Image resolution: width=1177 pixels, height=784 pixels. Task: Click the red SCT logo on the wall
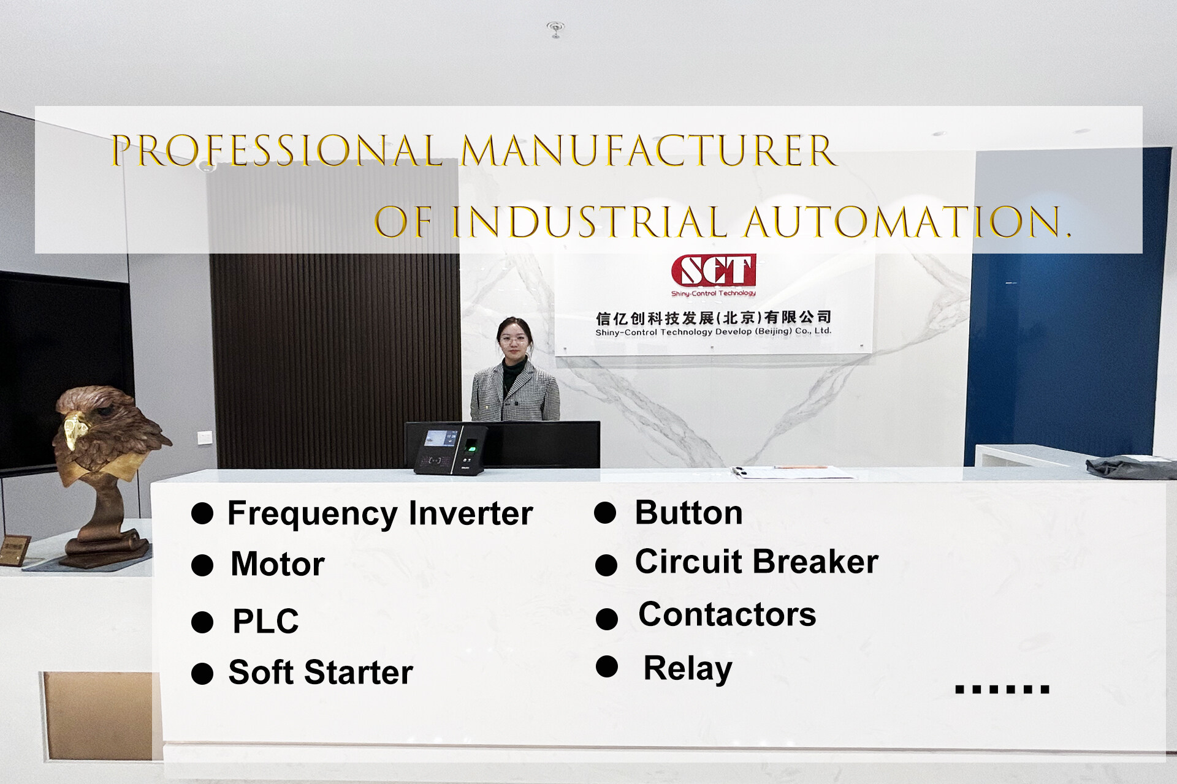point(714,271)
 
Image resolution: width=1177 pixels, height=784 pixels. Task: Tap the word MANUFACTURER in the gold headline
point(649,151)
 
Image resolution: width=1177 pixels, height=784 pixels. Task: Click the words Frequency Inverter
point(380,513)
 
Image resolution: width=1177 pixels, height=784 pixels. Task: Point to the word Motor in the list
point(278,564)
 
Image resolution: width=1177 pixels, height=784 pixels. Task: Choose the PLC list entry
point(265,621)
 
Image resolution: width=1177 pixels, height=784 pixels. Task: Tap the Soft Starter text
point(321,673)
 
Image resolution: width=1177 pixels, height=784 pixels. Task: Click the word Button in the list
point(688,513)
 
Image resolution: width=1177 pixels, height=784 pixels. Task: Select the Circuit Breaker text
point(756,562)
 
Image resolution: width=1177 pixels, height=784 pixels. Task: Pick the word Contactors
point(727,614)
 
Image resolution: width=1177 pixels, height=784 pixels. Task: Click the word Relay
point(688,668)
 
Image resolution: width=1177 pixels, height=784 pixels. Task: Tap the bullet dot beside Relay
point(607,666)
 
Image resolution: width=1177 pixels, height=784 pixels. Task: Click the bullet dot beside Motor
point(202,565)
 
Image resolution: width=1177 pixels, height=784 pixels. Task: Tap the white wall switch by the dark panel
point(205,437)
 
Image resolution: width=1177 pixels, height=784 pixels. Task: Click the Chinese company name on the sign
point(714,317)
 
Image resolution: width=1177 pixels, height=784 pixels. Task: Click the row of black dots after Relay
point(1002,690)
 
